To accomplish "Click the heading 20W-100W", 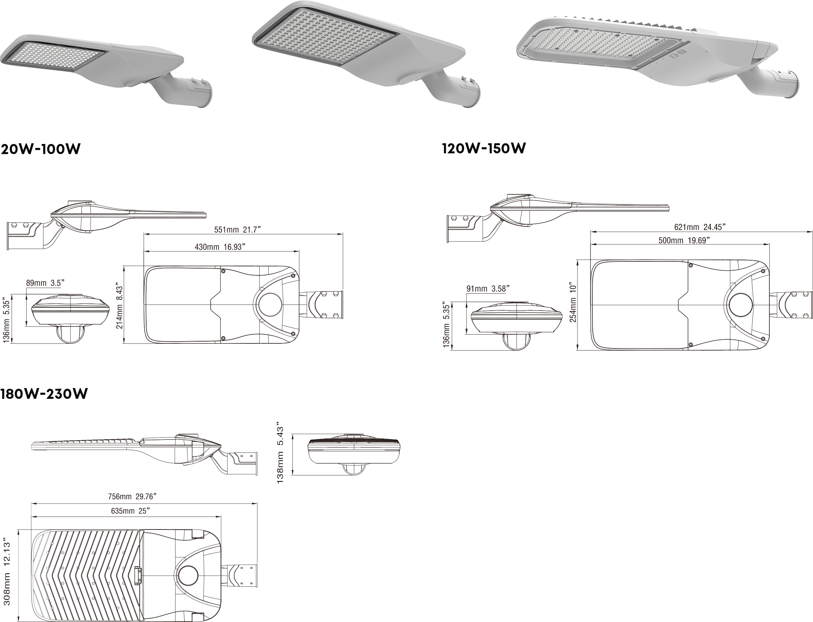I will click(x=40, y=149).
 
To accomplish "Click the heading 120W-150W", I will click(x=484, y=149).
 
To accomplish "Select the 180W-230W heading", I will click(x=44, y=394).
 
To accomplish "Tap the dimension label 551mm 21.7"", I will click(x=238, y=230).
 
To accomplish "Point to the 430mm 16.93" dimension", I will click(x=220, y=247).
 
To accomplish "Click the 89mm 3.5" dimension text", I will click(x=46, y=283).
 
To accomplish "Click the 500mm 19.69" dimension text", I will click(x=684, y=240).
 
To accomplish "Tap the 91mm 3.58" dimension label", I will click(x=488, y=289).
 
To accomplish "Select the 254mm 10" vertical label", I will click(x=572, y=303).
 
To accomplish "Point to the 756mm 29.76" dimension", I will click(x=134, y=496).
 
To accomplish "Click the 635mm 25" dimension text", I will click(x=130, y=511).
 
